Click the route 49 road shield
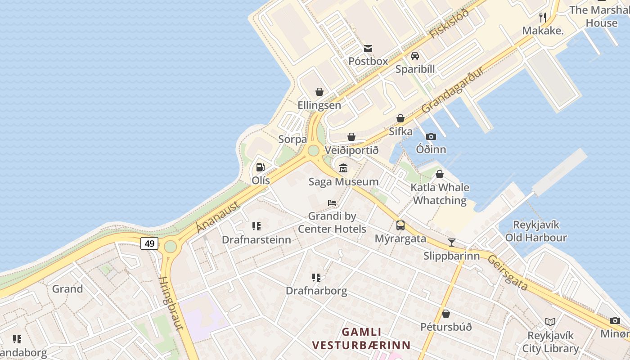click(149, 244)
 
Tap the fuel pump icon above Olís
click(260, 167)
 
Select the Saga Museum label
click(343, 182)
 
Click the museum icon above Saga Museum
click(343, 168)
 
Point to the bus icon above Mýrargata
click(400, 225)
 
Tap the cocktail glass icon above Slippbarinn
click(452, 243)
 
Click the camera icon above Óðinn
click(431, 136)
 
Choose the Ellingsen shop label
click(319, 105)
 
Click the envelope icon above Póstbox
click(368, 49)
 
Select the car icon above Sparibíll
click(415, 56)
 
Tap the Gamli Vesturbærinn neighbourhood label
click(361, 338)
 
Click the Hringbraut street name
click(171, 303)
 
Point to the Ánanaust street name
click(218, 217)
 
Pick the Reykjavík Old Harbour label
click(535, 231)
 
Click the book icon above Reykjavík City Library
click(550, 322)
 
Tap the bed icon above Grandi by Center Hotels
click(332, 203)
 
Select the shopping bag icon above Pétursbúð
click(445, 314)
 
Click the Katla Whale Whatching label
click(440, 194)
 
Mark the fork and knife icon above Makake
click(543, 17)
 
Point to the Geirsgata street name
click(507, 273)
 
